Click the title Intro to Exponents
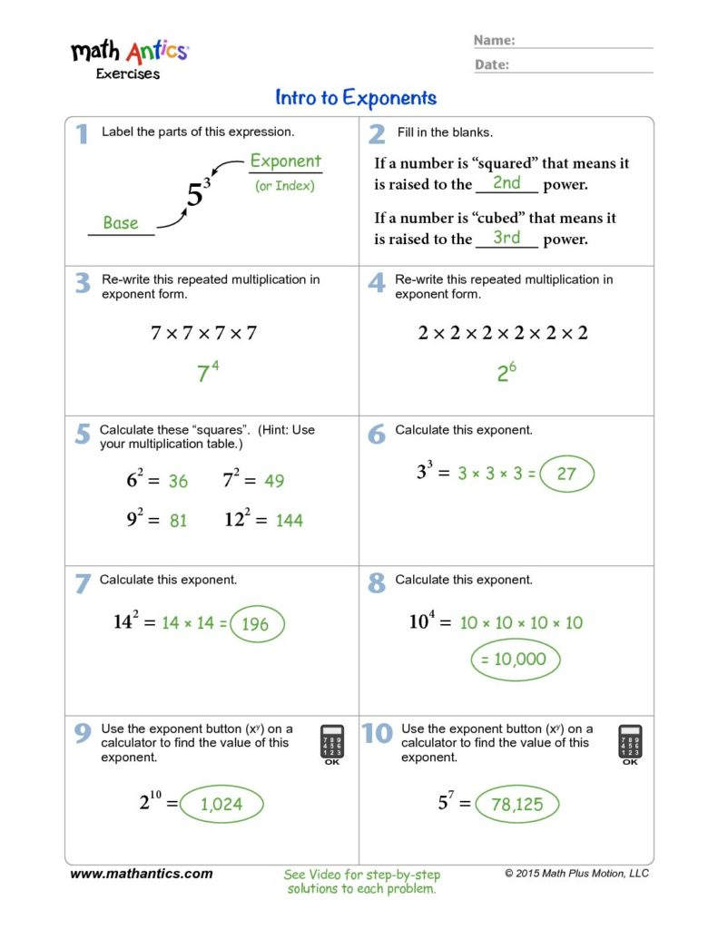click(x=356, y=98)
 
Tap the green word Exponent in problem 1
click(x=285, y=161)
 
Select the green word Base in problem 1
click(x=121, y=223)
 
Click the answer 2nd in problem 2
click(x=506, y=183)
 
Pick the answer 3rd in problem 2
click(x=506, y=238)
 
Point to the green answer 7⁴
click(x=208, y=372)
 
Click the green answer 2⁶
click(x=507, y=372)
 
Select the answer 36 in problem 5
click(x=178, y=481)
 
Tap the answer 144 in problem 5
click(x=289, y=521)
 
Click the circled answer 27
click(x=566, y=474)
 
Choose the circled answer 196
click(x=256, y=624)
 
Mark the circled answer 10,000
click(x=515, y=660)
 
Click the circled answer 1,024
click(x=221, y=804)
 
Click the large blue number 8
click(x=377, y=582)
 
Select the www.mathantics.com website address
click(x=142, y=874)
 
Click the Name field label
click(x=495, y=41)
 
